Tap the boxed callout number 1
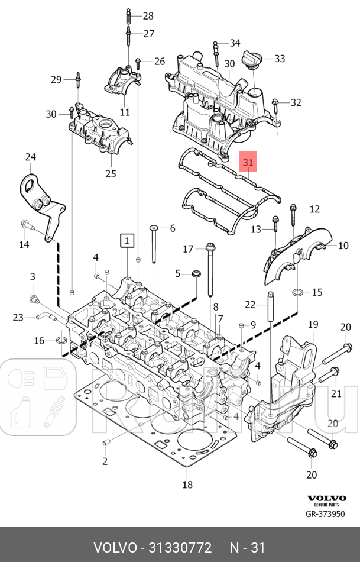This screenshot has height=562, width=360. (128, 240)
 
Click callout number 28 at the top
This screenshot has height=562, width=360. (147, 15)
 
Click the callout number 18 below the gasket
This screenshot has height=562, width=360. (187, 485)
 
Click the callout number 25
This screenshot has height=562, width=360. (111, 173)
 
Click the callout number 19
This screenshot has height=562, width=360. (313, 324)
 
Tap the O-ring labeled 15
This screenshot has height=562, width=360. (299, 292)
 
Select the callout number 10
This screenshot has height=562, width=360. (343, 245)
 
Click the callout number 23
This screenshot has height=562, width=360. (18, 317)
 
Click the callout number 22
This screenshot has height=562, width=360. (251, 305)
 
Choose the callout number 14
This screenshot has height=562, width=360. (24, 244)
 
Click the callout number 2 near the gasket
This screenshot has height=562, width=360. (105, 461)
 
